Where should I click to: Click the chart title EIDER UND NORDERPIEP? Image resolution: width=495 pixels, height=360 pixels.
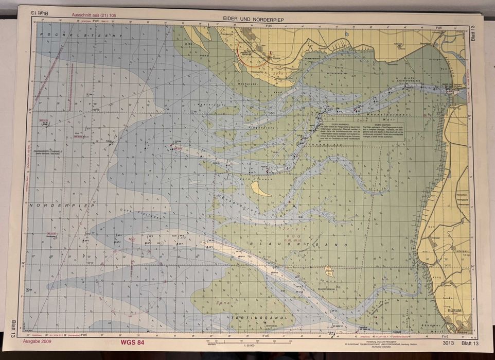click(254, 19)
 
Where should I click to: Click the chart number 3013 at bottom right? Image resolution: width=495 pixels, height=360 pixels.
click(447, 343)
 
